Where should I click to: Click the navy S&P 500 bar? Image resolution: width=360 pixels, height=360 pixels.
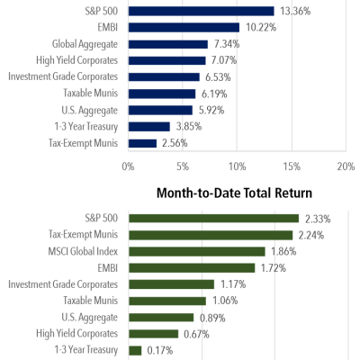tap(201, 12)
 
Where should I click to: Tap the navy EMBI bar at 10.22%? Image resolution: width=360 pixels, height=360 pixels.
tap(184, 27)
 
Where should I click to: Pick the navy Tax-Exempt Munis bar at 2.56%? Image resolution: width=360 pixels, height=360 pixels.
tap(142, 143)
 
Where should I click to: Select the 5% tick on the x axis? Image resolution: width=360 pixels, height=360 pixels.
tap(183, 166)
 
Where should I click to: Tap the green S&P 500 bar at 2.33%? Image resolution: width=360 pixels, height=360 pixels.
tap(213, 218)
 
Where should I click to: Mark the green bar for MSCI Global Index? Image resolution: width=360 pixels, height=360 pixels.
tap(197, 251)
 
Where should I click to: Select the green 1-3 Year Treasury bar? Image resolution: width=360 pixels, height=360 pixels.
tap(135, 350)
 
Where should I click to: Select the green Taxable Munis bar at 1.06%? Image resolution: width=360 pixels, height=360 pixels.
tap(167, 301)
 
